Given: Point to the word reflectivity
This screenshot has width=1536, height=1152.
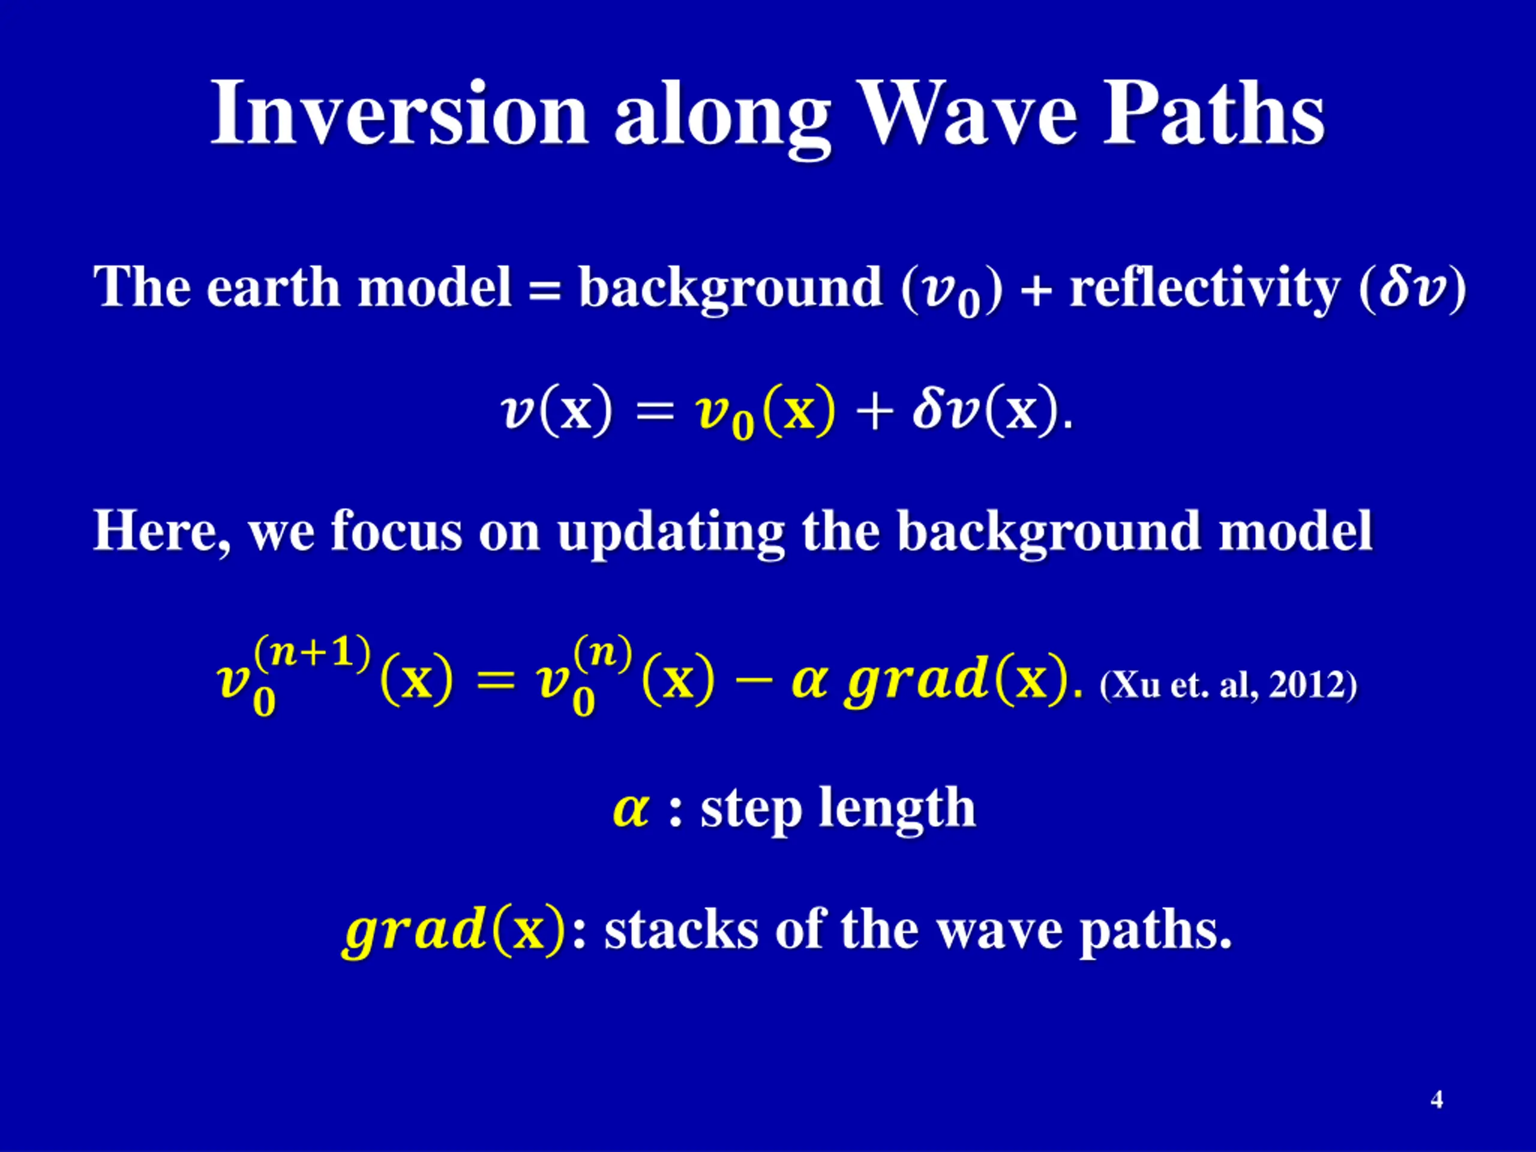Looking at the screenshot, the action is point(1205,287).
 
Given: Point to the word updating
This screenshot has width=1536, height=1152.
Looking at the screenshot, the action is point(671,533).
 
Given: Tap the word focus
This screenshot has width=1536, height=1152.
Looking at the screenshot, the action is point(396,530).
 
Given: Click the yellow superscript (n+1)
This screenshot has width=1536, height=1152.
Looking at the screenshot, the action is point(313,653).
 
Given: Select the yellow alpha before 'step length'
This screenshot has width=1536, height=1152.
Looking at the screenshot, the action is point(631,809).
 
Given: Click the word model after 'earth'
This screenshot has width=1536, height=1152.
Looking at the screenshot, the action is point(434,286).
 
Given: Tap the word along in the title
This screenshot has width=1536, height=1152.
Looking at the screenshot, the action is point(722,118).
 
